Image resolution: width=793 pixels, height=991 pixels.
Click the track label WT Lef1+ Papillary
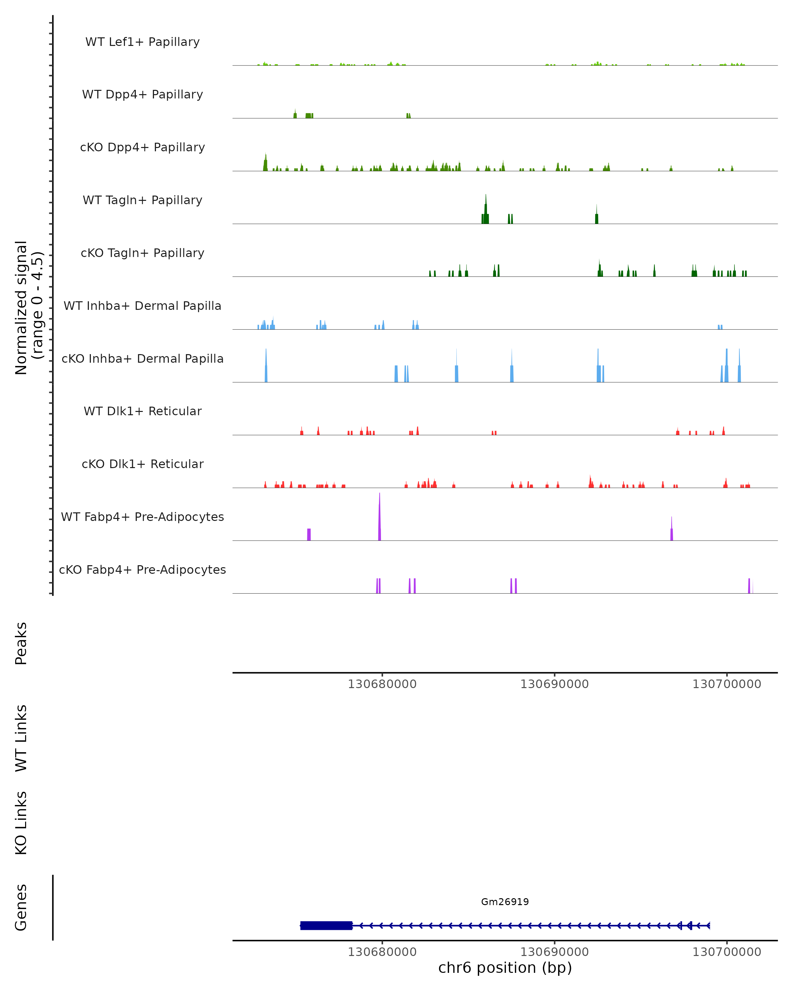click(142, 42)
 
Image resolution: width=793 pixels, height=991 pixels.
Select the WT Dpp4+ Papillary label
click(142, 95)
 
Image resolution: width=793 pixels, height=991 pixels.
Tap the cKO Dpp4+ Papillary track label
click(142, 148)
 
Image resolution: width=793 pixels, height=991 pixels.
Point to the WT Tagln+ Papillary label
click(142, 201)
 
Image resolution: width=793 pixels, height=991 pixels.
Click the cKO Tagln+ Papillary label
click(142, 253)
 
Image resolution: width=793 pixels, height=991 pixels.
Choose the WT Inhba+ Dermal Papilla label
click(142, 306)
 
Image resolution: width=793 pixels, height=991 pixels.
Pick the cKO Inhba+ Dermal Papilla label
click(142, 359)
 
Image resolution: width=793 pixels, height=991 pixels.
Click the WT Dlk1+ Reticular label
click(142, 411)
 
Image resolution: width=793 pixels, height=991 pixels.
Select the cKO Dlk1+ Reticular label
click(142, 464)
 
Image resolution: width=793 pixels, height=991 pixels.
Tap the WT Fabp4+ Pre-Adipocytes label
click(142, 517)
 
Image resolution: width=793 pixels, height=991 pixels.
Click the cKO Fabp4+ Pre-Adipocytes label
click(142, 570)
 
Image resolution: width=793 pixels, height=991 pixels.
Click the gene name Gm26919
click(505, 902)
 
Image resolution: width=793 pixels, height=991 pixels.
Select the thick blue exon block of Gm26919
click(326, 926)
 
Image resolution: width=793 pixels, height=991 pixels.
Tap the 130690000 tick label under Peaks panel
click(554, 684)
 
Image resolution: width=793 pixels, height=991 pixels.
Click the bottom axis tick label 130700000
click(727, 952)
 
